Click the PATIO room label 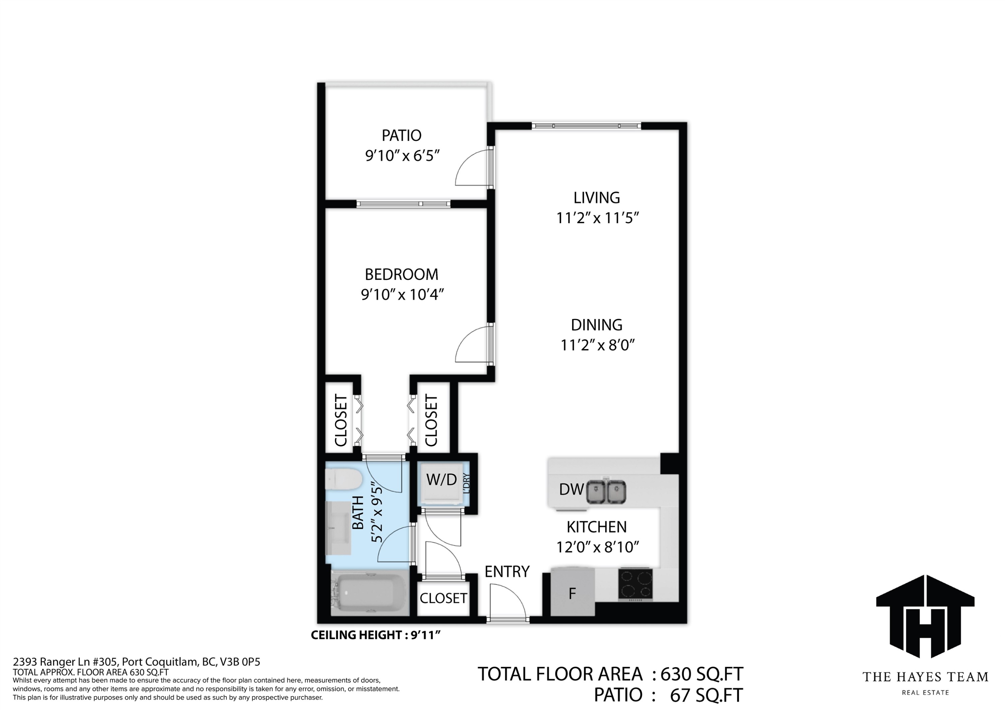tap(401, 136)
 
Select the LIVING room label tap(597, 198)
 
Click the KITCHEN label tap(597, 527)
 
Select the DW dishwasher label tap(571, 489)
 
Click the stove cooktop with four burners tap(635, 584)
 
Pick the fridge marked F tap(573, 592)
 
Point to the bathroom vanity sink tap(338, 528)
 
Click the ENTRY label tap(507, 572)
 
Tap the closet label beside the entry tap(444, 598)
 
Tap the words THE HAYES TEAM tap(925, 677)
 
